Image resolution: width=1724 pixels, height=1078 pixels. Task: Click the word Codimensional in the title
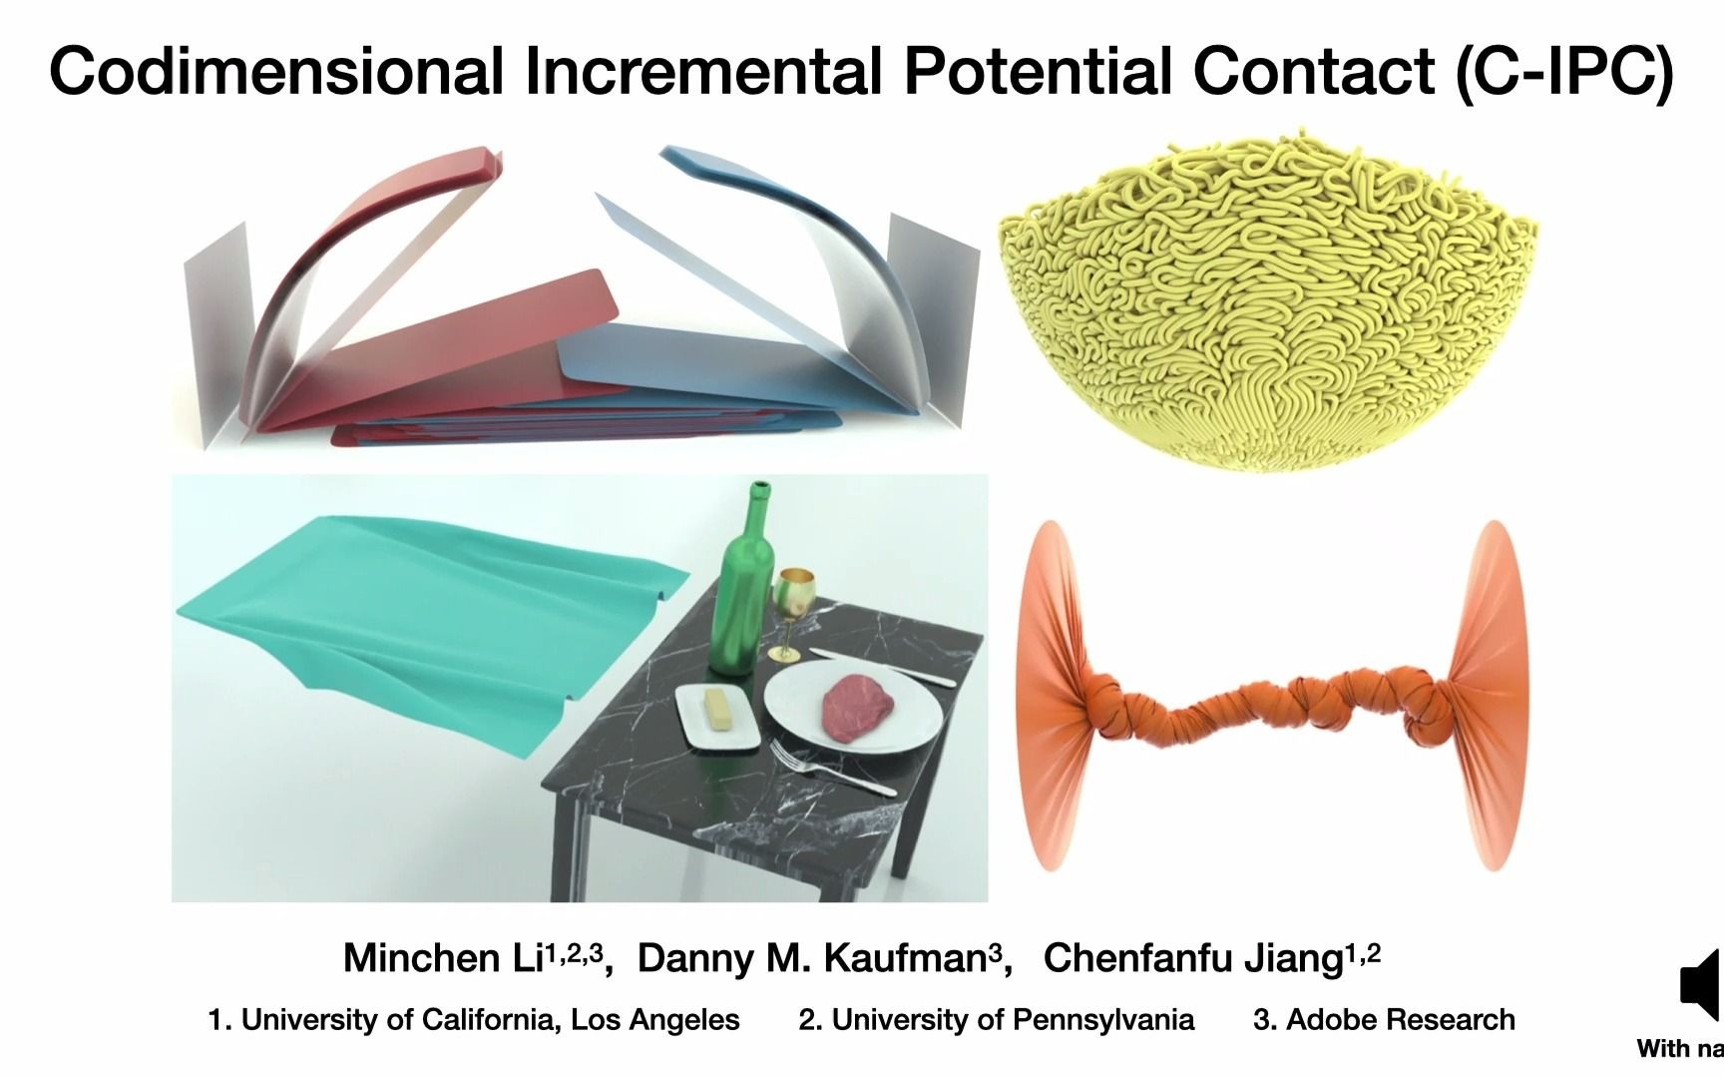click(275, 72)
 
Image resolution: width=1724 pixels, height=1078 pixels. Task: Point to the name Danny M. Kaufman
click(811, 958)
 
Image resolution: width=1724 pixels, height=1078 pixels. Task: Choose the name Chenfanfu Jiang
click(1193, 958)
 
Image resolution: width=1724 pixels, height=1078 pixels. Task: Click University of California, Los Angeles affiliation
click(474, 1019)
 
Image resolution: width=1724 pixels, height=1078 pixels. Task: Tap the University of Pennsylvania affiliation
click(996, 1019)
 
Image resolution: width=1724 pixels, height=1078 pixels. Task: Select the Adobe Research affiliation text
click(1385, 1019)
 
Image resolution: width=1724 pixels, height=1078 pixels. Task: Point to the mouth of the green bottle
click(760, 488)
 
